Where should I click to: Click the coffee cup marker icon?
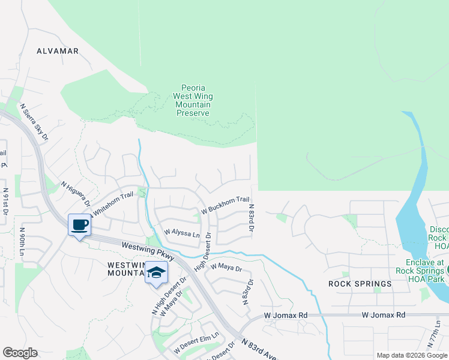point(79,226)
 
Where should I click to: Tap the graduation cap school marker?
point(156,273)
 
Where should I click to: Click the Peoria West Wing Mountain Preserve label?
point(193,100)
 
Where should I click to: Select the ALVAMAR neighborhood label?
point(58,51)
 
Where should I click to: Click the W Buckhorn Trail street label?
point(225,205)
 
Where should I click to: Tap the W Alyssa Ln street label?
point(182,232)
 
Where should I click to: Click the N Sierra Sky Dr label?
point(34,122)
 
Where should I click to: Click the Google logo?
point(20,353)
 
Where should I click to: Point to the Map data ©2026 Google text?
point(411,355)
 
